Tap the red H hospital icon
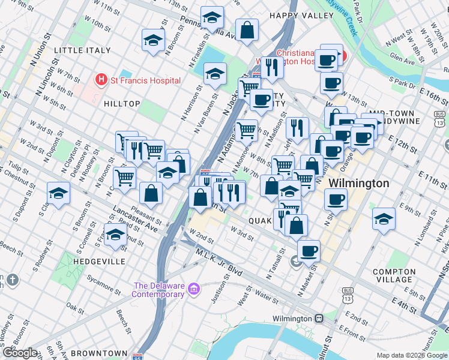pyautogui.click(x=101, y=80)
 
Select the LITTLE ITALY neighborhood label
pyautogui.click(x=82, y=50)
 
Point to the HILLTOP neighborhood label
pyautogui.click(x=122, y=104)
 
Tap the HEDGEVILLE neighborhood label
pyautogui.click(x=99, y=262)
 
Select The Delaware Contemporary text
pyautogui.click(x=158, y=290)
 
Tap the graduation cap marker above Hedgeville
pyautogui.click(x=115, y=236)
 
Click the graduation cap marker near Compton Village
pyautogui.click(x=384, y=220)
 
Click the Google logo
pyautogui.click(x=20, y=353)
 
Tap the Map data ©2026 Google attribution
pyautogui.click(x=412, y=355)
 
